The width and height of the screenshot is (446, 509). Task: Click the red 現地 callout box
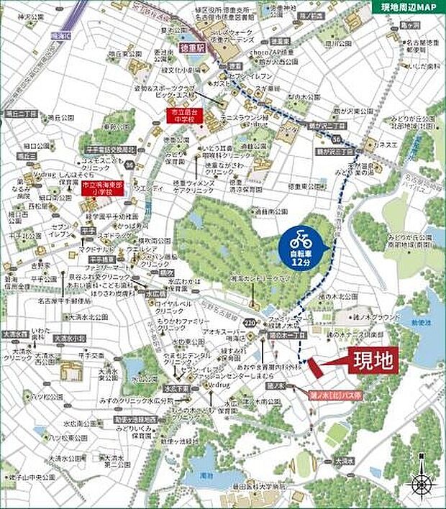tap(373, 362)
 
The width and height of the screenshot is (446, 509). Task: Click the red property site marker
tap(317, 369)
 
